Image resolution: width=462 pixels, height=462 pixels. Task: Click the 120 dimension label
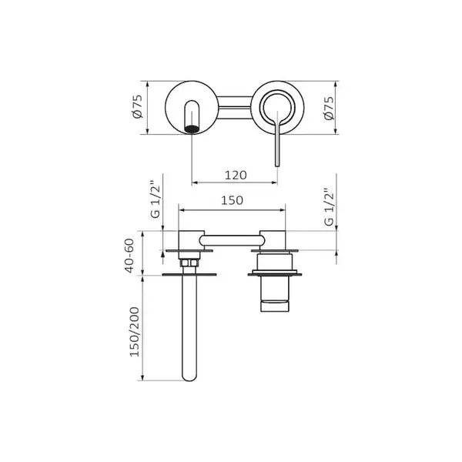coord(236,176)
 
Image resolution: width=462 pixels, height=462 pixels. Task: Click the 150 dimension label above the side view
coord(233,200)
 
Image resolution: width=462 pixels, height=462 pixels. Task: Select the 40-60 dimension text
coord(129,256)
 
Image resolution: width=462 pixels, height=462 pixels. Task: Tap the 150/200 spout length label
coord(134,332)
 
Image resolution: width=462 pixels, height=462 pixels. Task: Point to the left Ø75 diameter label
coord(138,107)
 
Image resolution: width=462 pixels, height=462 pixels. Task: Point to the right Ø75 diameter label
coord(329,108)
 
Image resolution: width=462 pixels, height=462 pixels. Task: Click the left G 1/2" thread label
coord(156,199)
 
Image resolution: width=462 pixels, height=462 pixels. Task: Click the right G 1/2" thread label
coord(329,207)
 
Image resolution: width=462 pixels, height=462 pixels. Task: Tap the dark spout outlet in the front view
coord(192,129)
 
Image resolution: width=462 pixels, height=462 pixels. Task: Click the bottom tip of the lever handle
coord(277,166)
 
